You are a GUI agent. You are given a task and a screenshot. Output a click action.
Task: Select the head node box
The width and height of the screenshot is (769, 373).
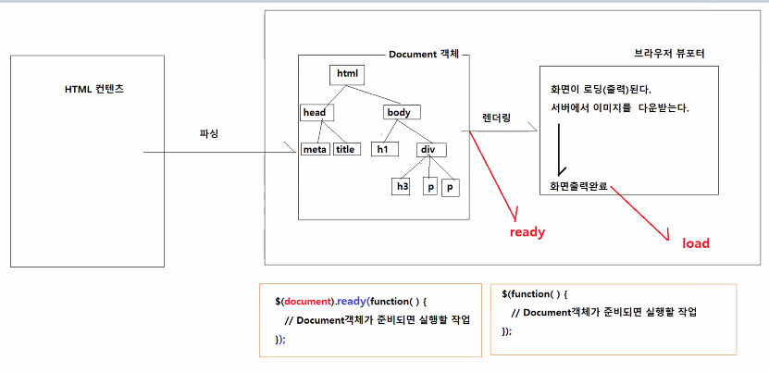(316, 112)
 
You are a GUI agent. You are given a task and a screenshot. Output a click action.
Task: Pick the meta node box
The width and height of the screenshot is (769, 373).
(316, 149)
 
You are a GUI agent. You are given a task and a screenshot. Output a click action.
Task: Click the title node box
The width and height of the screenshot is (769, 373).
(345, 149)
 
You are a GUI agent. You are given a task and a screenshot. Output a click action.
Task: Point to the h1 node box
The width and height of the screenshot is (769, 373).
(381, 149)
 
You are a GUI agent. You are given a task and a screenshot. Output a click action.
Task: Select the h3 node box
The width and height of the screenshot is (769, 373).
(402, 186)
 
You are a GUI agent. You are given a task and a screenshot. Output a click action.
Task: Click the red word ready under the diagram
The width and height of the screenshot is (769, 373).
(527, 232)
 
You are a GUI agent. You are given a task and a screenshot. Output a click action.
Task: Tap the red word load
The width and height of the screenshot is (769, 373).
(696, 243)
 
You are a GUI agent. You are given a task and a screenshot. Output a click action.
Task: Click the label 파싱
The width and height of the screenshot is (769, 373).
(209, 133)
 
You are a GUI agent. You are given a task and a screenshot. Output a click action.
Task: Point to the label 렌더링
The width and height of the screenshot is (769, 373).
(496, 118)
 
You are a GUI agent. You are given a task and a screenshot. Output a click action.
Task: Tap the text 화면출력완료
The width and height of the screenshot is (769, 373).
(580, 186)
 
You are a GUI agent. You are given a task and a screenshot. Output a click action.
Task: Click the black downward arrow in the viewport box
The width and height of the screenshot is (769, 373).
(560, 148)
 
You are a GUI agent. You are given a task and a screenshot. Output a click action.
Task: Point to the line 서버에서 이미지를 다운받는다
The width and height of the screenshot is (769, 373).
(620, 108)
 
